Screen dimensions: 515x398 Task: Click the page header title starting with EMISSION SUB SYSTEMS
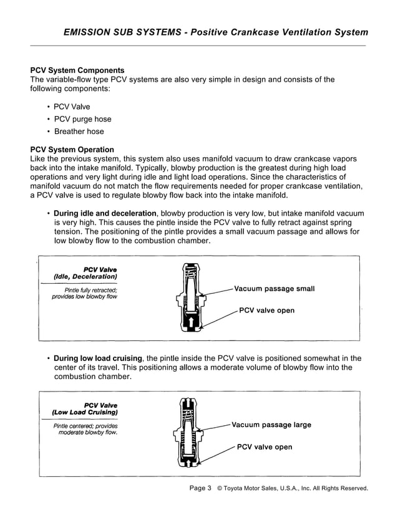pyautogui.click(x=216, y=32)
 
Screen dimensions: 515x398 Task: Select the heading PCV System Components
pyautogui.click(x=77, y=70)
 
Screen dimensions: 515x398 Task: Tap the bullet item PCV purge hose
pyautogui.click(x=82, y=119)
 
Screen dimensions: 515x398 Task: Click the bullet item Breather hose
pyautogui.click(x=79, y=132)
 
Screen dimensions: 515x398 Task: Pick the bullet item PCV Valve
pyautogui.click(x=72, y=107)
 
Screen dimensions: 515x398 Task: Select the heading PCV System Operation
pyautogui.click(x=72, y=150)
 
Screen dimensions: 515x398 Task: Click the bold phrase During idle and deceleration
pyautogui.click(x=105, y=213)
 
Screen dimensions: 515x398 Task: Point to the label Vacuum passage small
pyautogui.click(x=274, y=289)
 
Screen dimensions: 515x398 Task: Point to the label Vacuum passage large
pyautogui.click(x=271, y=425)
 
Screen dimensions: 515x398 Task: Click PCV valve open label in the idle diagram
pyautogui.click(x=266, y=310)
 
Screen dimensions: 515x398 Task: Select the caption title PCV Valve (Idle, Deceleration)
pyautogui.click(x=85, y=272)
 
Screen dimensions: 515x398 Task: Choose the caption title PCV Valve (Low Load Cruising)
pyautogui.click(x=85, y=409)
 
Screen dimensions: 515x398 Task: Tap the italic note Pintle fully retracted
pyautogui.click(x=85, y=294)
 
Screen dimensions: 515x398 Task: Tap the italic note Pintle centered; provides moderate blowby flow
pyautogui.click(x=85, y=429)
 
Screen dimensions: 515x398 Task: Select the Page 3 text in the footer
pyautogui.click(x=200, y=488)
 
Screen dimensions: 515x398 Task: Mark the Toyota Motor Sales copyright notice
pyautogui.click(x=292, y=488)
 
